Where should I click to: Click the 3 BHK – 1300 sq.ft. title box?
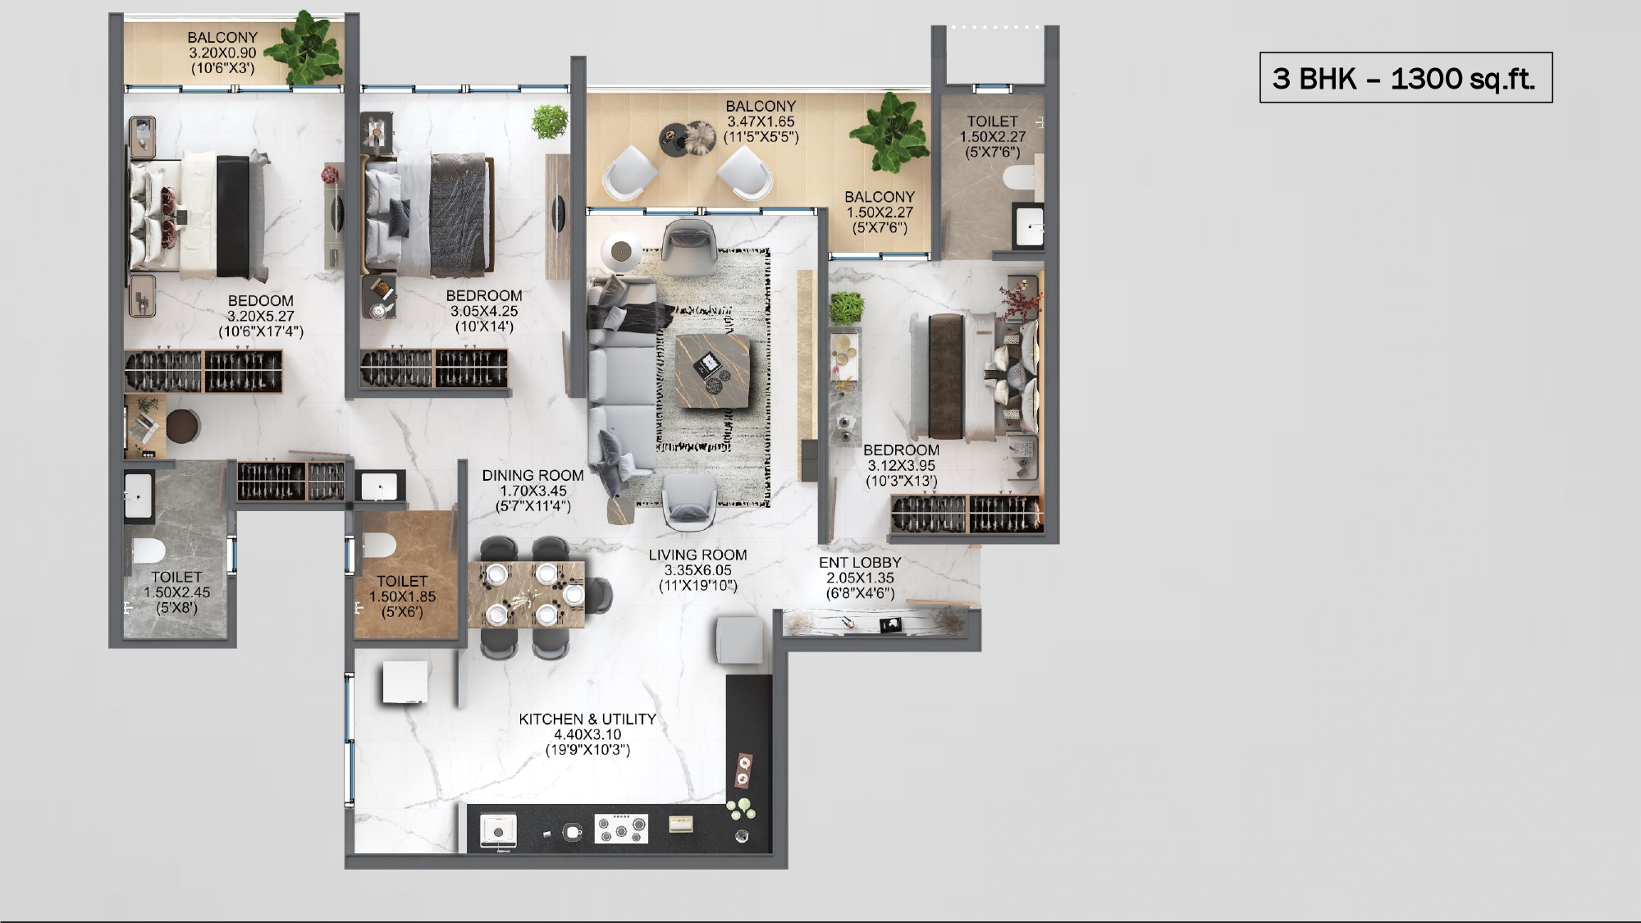(1406, 78)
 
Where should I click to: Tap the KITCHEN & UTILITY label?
(587, 719)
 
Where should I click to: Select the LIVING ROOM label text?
(697, 555)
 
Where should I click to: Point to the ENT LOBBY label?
(860, 562)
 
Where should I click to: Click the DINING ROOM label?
(533, 475)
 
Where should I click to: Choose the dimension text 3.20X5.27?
(261, 316)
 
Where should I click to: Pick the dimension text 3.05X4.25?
(484, 311)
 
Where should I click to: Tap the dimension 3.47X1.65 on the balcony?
(761, 121)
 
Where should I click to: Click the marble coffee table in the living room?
(712, 371)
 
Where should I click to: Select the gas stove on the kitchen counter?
(621, 829)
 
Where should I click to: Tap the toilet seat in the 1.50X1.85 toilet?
(378, 544)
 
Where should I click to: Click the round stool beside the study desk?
(183, 427)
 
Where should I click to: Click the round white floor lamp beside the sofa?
(621, 251)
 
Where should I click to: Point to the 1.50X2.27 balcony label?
(880, 212)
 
